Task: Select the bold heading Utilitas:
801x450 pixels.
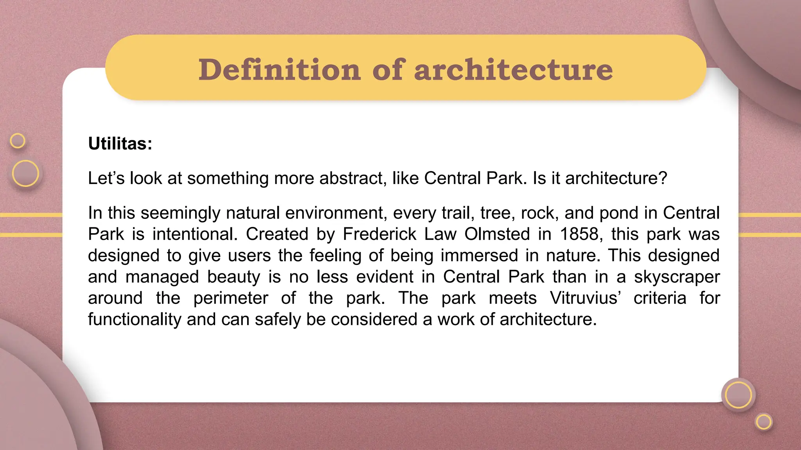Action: pos(120,143)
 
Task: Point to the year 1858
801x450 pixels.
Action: pos(579,234)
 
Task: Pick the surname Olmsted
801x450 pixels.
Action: pos(497,234)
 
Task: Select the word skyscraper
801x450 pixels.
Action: pos(677,277)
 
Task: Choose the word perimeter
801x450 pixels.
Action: pos(231,298)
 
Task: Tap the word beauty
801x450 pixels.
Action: pos(233,277)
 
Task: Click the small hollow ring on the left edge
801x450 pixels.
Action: pos(18,141)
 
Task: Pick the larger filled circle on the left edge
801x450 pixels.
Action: pos(25,173)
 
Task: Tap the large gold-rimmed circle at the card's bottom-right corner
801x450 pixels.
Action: pos(738,395)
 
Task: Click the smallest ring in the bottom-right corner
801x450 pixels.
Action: pos(764,422)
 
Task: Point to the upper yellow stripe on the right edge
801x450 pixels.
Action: pos(769,215)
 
